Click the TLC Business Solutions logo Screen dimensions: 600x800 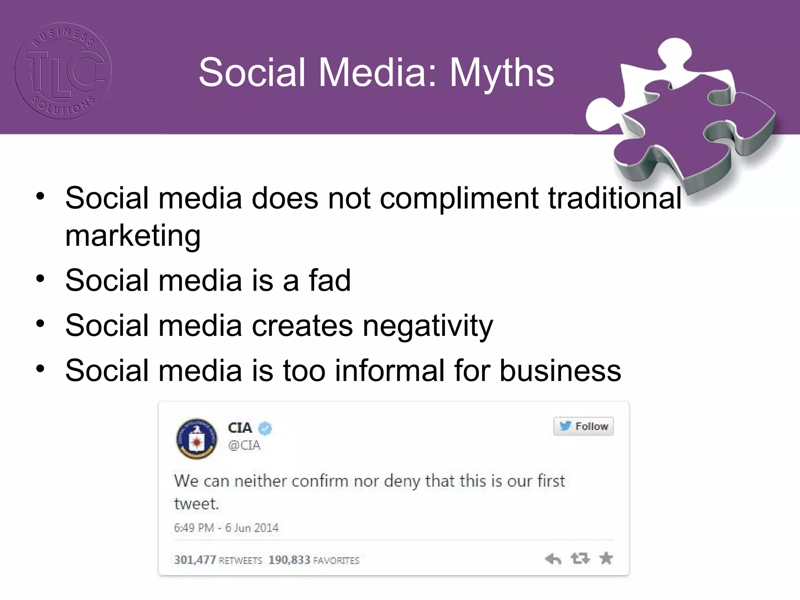(63, 71)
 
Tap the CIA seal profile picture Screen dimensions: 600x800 (197, 438)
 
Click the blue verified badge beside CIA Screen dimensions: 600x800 (266, 429)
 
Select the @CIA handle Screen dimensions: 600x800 (244, 445)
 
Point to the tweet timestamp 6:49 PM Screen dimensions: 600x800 (194, 528)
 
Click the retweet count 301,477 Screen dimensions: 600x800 (195, 560)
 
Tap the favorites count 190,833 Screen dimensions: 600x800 (289, 560)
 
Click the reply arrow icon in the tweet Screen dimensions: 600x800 (553, 559)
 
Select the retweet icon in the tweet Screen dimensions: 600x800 (580, 559)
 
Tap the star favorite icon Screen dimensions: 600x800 (606, 558)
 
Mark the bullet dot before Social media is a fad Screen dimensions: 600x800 (40, 279)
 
